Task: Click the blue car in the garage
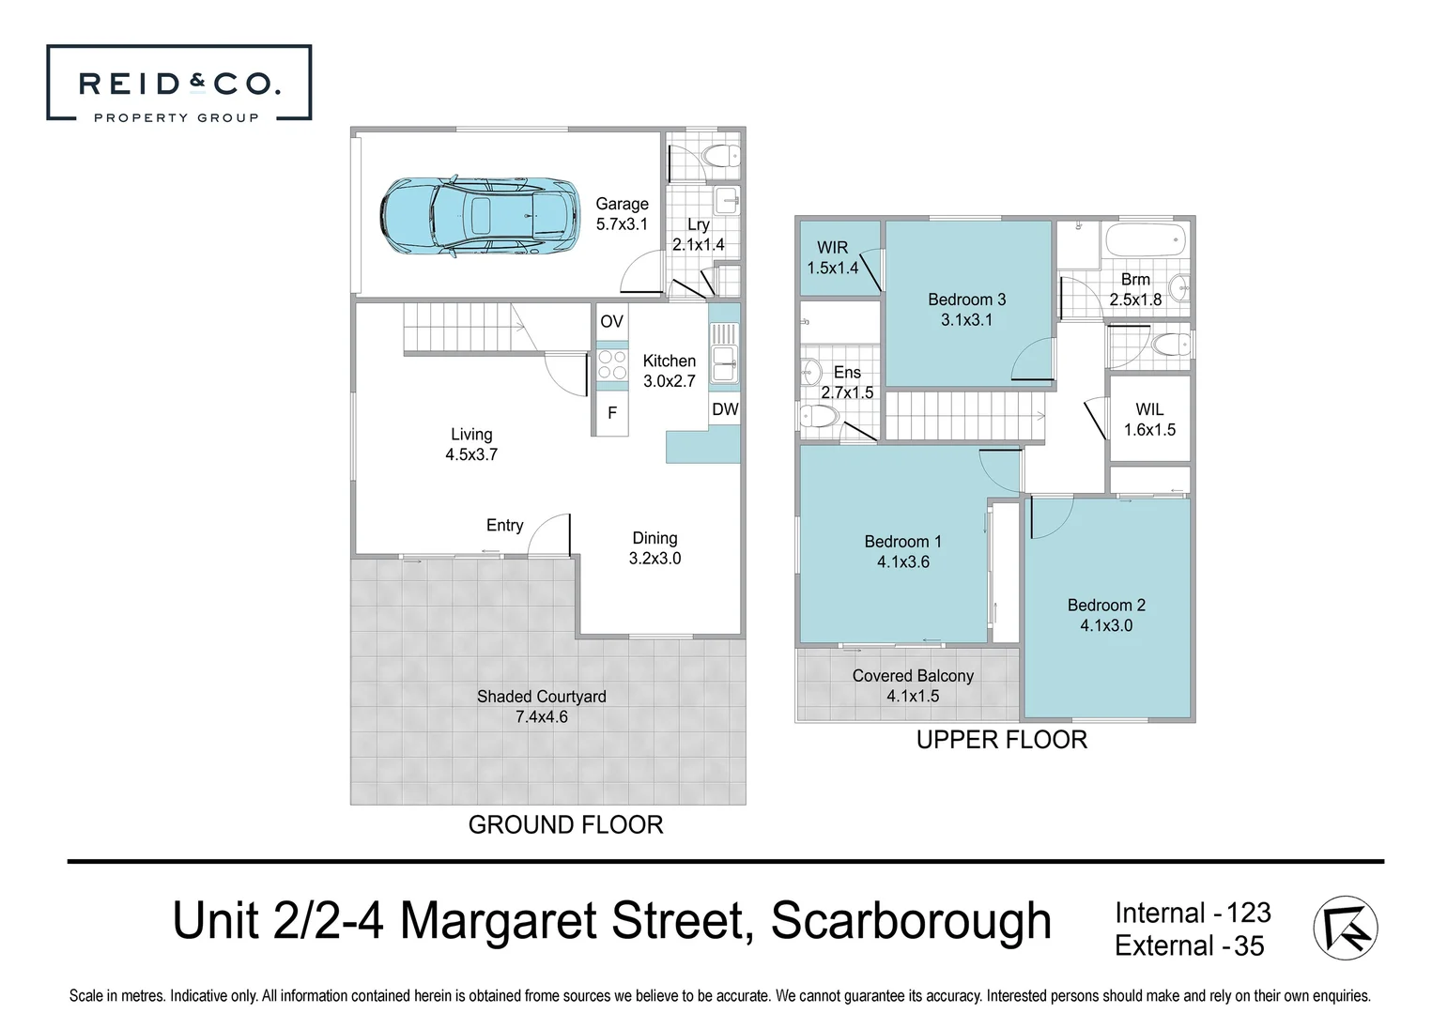[x=479, y=217]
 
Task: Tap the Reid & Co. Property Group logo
[x=178, y=84]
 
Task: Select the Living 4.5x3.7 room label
[x=471, y=444]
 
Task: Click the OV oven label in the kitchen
[x=611, y=321]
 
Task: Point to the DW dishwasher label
[x=724, y=409]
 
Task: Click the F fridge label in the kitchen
[x=612, y=413]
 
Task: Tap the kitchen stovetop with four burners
[x=612, y=364]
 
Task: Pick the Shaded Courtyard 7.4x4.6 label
[x=541, y=706]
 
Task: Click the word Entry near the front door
[x=504, y=526]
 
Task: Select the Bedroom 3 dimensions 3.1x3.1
[x=966, y=320]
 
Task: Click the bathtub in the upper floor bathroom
[x=1145, y=240]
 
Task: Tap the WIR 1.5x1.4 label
[x=832, y=257]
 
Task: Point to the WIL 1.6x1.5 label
[x=1149, y=420]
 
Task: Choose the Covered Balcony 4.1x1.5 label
[x=913, y=685]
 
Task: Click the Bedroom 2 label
[x=1106, y=606]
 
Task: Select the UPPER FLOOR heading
[x=1001, y=740]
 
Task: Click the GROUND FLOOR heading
[x=565, y=824]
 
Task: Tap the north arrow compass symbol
[x=1345, y=928]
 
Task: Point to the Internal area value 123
[x=1248, y=913]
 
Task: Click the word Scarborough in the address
[x=910, y=920]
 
